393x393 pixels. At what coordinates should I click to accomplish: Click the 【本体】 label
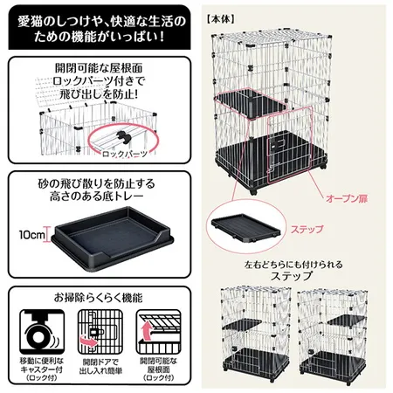220,19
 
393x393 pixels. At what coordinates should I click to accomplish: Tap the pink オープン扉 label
347,198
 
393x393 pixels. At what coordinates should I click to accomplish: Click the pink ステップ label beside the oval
307,229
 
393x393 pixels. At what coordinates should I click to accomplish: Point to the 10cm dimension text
32,235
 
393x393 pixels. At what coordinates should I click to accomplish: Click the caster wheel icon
42,332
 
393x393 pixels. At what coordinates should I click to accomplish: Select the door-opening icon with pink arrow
100,332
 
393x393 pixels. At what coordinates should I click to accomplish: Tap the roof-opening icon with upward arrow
158,332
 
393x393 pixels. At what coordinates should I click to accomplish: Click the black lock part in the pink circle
123,137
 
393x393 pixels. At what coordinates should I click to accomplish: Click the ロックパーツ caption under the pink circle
125,154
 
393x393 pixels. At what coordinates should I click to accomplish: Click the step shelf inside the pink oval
246,229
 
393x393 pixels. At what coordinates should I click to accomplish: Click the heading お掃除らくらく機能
99,298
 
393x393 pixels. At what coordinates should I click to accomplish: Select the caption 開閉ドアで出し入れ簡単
100,367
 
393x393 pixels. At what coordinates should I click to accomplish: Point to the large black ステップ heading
292,276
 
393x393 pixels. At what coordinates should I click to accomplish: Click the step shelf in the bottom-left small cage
243,324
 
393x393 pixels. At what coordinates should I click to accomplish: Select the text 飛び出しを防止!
99,93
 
